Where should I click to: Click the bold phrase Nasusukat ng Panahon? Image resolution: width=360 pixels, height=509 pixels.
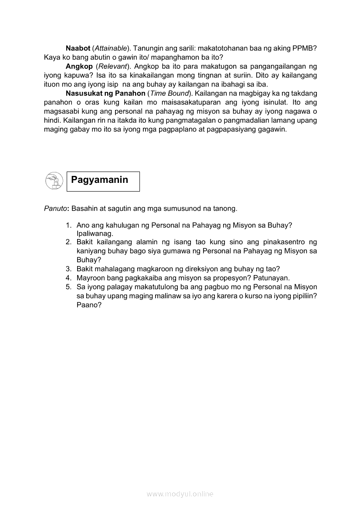coord(105,93)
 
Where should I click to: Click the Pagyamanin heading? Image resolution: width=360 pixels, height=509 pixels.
coord(99,180)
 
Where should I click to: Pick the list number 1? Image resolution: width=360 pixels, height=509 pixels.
coord(68,225)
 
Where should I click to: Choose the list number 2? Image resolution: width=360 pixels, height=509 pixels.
coord(68,242)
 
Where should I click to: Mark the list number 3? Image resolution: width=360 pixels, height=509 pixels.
coord(68,269)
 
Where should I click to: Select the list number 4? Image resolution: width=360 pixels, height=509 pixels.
coord(68,278)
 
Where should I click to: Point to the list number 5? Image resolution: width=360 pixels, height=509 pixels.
coord(68,287)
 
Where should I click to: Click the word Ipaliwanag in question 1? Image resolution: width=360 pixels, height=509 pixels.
coord(95,233)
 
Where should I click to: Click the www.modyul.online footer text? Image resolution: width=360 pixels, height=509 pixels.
coord(180,494)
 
